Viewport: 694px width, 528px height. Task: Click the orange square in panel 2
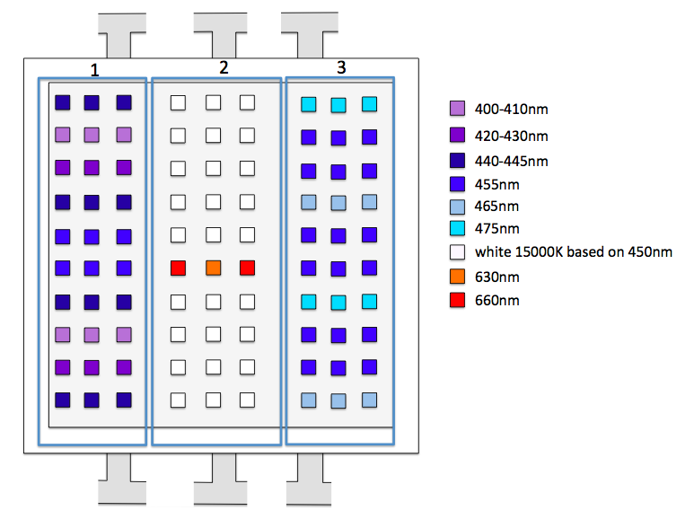click(214, 268)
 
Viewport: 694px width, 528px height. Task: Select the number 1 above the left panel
click(94, 70)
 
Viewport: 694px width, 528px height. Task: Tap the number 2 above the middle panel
click(224, 67)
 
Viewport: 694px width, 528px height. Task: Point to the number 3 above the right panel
click(341, 67)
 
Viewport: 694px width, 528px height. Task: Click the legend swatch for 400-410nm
click(457, 109)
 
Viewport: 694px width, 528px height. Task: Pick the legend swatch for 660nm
click(457, 300)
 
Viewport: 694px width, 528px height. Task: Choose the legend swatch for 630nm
click(457, 277)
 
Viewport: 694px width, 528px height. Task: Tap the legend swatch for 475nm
click(457, 228)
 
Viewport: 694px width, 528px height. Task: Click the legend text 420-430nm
click(511, 136)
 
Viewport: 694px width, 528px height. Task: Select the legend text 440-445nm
click(511, 161)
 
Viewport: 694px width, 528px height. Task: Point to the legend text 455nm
click(497, 185)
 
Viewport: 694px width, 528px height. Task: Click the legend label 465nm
click(496, 207)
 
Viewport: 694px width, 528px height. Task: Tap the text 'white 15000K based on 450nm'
click(574, 251)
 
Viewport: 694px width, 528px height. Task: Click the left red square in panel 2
click(178, 268)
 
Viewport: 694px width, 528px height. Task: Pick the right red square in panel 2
click(247, 268)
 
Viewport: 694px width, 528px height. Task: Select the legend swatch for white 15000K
click(457, 252)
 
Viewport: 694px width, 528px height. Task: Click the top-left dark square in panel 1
click(63, 102)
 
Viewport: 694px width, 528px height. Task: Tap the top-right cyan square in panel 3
click(369, 104)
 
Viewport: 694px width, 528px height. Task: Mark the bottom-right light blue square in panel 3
click(369, 400)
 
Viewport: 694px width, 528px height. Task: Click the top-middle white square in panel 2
click(214, 102)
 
